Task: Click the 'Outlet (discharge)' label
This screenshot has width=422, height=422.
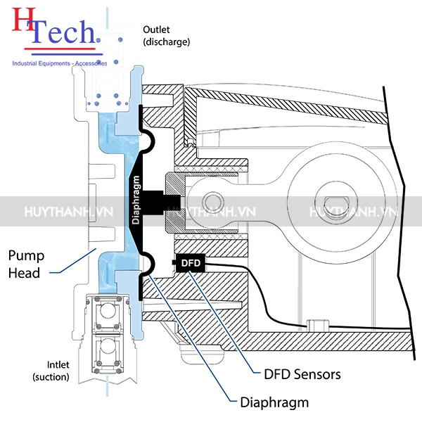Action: [x=166, y=35]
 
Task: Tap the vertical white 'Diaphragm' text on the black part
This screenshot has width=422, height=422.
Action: [x=136, y=200]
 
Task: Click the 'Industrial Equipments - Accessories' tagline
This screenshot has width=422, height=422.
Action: [x=60, y=63]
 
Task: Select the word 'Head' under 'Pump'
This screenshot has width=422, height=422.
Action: [x=29, y=271]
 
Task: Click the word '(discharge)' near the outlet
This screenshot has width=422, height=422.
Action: [x=166, y=41]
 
